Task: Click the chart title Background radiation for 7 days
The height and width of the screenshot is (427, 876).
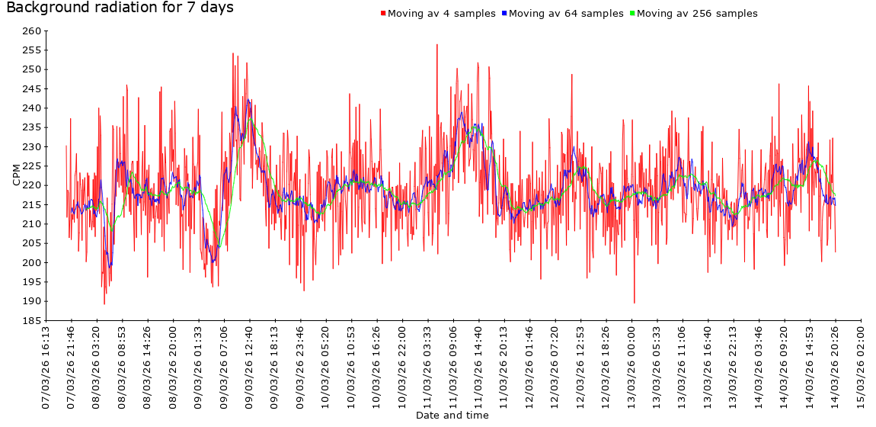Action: tap(120, 8)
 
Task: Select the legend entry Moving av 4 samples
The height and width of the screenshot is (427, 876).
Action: tap(442, 14)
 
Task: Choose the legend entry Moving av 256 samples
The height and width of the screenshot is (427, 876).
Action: tap(697, 14)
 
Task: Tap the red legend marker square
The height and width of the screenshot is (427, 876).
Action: tap(383, 14)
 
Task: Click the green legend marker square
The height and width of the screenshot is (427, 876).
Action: tap(632, 14)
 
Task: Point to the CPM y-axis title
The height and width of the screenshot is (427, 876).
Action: tap(17, 173)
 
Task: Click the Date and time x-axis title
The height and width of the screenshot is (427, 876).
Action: tap(452, 416)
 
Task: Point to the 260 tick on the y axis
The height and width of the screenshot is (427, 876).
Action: tap(31, 31)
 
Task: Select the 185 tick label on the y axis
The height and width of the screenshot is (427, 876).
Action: tap(31, 321)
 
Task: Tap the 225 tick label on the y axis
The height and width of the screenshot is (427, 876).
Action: tap(31, 166)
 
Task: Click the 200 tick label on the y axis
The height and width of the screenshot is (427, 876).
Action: tap(31, 263)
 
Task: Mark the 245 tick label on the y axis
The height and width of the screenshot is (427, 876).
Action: tap(31, 89)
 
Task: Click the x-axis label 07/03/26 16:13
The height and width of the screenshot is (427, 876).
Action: tap(46, 368)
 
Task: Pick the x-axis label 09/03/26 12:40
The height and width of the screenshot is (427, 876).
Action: tap(250, 368)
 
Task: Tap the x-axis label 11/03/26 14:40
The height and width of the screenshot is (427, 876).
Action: tap(479, 368)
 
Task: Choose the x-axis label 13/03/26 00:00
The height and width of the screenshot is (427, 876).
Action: tap(631, 368)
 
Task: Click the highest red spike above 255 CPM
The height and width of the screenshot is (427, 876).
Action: tap(437, 45)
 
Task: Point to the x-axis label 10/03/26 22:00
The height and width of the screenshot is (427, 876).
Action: tap(402, 368)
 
